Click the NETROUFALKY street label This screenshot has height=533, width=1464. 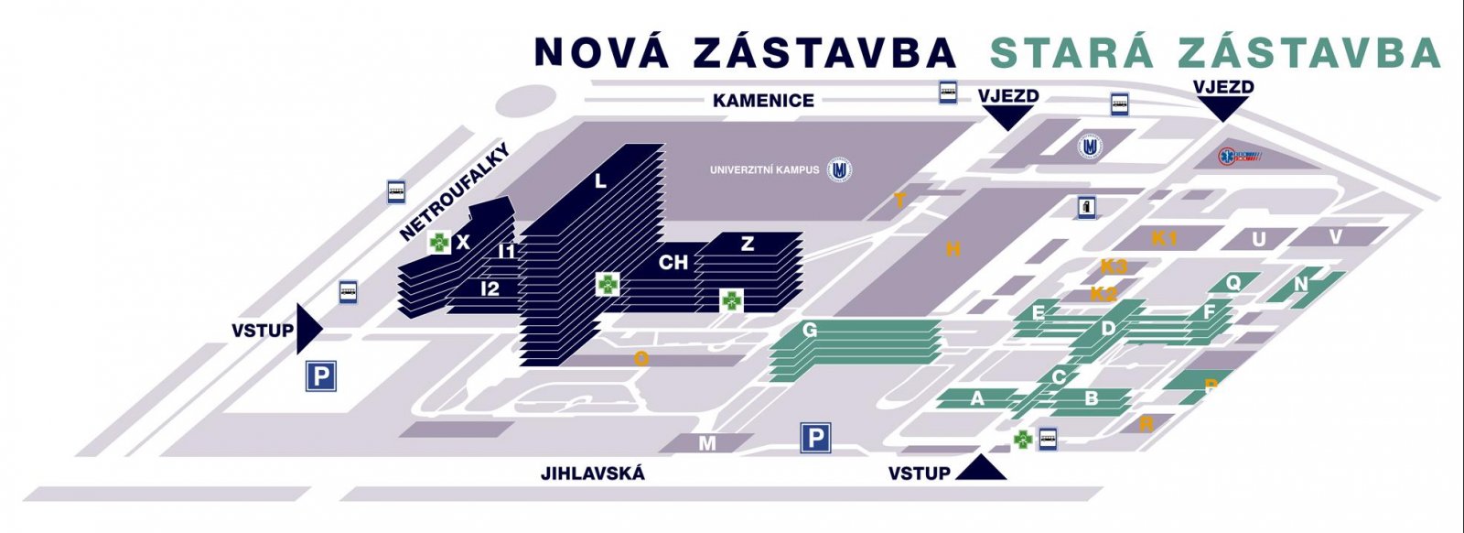[x=454, y=192]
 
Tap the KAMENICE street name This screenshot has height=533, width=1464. [x=763, y=101]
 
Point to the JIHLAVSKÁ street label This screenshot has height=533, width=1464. [x=592, y=473]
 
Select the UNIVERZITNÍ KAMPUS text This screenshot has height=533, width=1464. [x=764, y=169]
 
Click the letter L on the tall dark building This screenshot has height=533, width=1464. [x=600, y=181]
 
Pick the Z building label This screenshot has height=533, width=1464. [x=748, y=245]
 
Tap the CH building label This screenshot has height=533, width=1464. [x=673, y=263]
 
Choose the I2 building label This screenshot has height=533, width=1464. [x=490, y=289]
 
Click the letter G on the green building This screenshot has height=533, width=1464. [x=809, y=330]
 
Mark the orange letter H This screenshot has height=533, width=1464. [x=953, y=248]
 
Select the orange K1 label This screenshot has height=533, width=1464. [x=1164, y=239]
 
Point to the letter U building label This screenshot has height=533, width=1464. [x=1259, y=240]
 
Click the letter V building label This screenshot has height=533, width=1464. [x=1335, y=237]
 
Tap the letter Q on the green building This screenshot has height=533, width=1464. [x=1233, y=283]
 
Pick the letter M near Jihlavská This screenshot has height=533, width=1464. [x=707, y=444]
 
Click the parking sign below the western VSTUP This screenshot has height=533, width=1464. [x=321, y=375]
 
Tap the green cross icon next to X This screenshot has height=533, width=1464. [x=440, y=243]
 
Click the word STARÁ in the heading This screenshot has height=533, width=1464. [x=1071, y=53]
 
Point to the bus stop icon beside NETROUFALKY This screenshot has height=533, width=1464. [x=396, y=191]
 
